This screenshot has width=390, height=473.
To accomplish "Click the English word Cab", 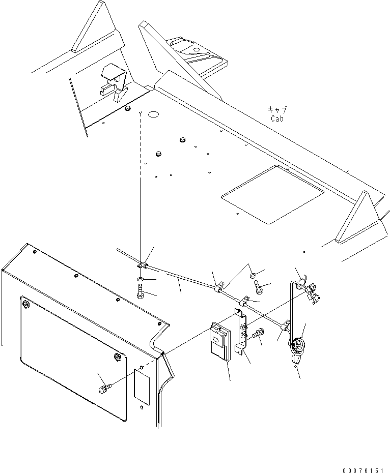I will pyautogui.click(x=277, y=119).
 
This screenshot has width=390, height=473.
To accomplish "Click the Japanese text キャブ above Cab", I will pyautogui.click(x=277, y=109).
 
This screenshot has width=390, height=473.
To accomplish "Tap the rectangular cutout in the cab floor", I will pyautogui.click(x=273, y=194).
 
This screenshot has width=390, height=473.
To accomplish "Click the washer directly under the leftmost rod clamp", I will pyautogui.click(x=140, y=280).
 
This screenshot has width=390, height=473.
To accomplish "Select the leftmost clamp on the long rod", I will pyautogui.click(x=142, y=265).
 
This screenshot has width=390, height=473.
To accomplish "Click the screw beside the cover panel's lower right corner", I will pyautogui.click(x=103, y=389).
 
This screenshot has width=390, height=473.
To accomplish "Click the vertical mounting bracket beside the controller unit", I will pyautogui.click(x=241, y=331).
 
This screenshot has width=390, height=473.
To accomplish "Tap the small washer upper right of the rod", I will pyautogui.click(x=253, y=276).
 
